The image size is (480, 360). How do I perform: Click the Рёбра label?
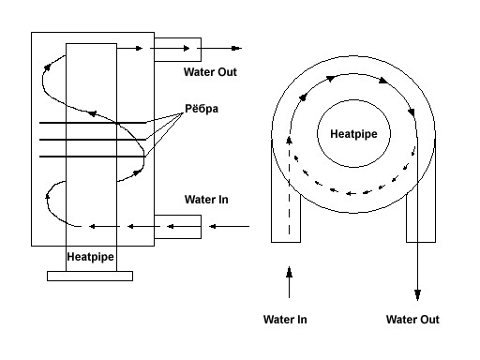coord(202,109)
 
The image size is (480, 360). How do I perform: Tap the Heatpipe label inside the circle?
coord(353,134)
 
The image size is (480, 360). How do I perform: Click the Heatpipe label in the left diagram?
coord(90,257)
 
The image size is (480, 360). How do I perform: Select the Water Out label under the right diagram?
coord(412,320)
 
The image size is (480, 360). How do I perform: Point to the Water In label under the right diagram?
coord(285,320)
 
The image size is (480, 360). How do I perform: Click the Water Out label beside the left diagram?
coord(210,72)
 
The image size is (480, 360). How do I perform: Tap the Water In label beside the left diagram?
coord(206,200)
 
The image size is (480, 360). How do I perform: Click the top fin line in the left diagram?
coord(93,123)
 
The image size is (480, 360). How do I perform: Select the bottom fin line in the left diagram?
coord(93,157)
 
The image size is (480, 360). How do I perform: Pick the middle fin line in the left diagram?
coord(93,140)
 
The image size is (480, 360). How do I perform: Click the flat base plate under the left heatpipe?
coord(90,276)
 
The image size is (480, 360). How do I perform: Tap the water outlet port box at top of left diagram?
coord(177,50)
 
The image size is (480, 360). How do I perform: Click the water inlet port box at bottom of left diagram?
coord(177,227)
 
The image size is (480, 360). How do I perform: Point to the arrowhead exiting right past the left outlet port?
coord(236,48)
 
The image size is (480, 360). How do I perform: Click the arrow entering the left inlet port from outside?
coord(229,226)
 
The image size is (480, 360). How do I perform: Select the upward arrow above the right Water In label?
coord(289,282)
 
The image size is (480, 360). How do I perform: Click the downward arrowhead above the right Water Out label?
coord(417,294)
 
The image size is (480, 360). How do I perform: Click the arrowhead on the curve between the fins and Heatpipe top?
coord(92,113)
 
